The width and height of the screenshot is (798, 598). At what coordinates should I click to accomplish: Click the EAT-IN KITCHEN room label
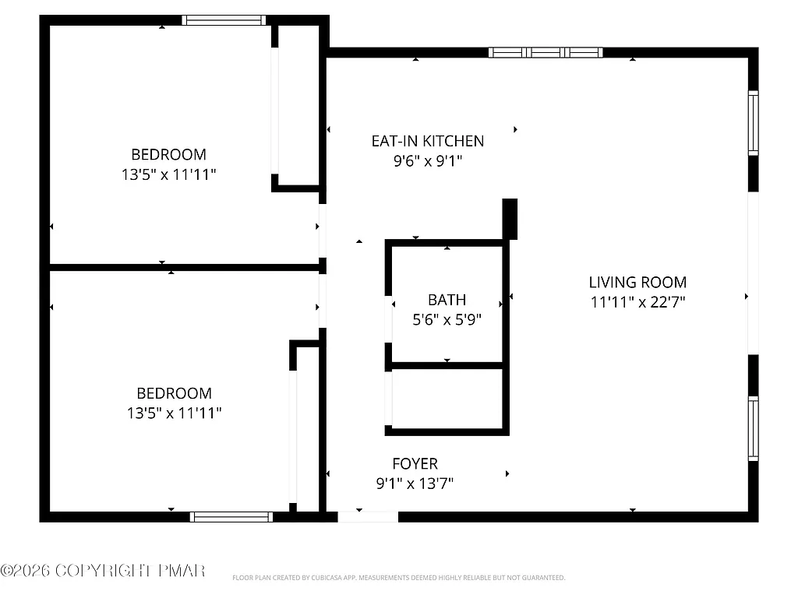tap(427, 141)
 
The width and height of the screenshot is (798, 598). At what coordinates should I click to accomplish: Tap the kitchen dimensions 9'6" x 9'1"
tap(427, 161)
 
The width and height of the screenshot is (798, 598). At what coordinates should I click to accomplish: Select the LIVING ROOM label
tap(637, 283)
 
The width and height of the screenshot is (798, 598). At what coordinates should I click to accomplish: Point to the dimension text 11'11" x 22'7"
tap(637, 302)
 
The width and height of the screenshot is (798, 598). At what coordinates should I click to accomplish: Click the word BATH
tap(447, 300)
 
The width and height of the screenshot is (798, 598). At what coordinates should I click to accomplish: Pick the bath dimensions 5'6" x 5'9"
tap(447, 319)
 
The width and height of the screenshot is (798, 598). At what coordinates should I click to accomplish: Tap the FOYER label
tap(415, 464)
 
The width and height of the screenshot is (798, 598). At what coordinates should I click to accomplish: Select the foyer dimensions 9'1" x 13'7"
tap(415, 484)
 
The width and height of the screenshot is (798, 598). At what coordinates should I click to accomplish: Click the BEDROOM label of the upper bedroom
tap(168, 154)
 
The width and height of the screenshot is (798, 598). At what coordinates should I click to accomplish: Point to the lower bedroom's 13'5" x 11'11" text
tap(175, 413)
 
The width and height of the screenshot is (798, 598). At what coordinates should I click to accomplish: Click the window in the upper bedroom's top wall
tap(224, 20)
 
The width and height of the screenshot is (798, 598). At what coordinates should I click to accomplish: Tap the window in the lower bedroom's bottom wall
tap(231, 516)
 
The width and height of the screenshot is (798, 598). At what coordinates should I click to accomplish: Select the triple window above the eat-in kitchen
tap(546, 53)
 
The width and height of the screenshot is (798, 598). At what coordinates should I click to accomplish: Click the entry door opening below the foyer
tap(368, 516)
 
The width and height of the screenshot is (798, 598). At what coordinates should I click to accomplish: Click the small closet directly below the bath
tap(447, 397)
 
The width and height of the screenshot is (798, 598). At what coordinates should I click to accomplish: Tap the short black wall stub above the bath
tap(510, 219)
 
